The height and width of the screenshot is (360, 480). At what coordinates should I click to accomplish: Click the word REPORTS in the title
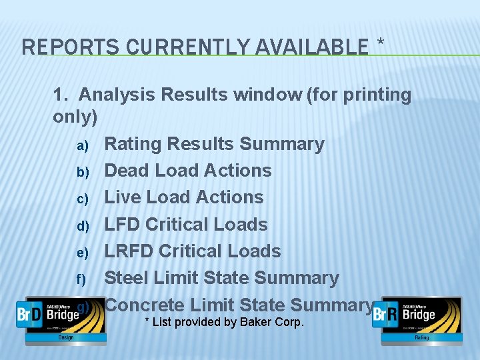[x=57, y=47]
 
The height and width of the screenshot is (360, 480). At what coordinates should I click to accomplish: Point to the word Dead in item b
[x=127, y=171]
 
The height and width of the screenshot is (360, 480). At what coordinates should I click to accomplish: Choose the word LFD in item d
[x=122, y=224]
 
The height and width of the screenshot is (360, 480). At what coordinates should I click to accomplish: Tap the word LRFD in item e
[x=128, y=251]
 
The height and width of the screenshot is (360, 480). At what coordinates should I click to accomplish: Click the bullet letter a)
[x=82, y=145]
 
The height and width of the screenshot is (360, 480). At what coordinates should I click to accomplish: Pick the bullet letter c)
[x=82, y=199]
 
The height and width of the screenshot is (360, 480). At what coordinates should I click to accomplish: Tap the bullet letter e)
[x=82, y=252]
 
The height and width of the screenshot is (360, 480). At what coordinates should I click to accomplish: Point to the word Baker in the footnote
[x=251, y=323]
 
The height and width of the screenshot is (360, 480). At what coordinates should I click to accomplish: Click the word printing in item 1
[x=377, y=95]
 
